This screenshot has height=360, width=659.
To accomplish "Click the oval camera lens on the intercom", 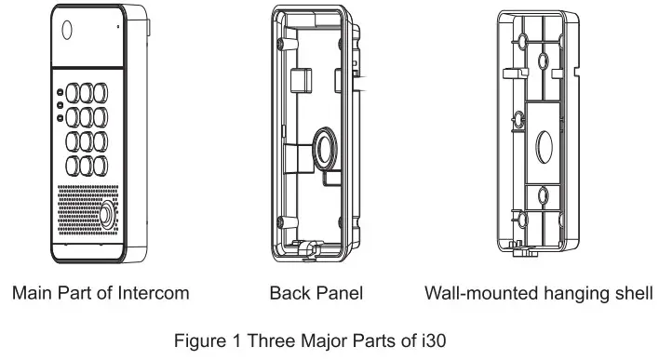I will click(x=67, y=29).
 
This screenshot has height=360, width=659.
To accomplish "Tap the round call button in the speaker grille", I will click(x=105, y=213).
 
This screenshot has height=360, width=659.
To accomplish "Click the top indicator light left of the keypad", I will click(x=60, y=93).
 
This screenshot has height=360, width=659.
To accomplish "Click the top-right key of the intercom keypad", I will click(x=97, y=94).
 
